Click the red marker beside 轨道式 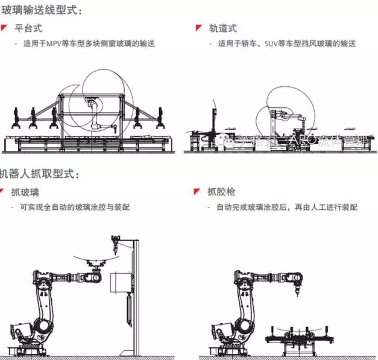click(198, 28)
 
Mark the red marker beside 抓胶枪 click(198, 192)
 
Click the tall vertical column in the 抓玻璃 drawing click(136, 295)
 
